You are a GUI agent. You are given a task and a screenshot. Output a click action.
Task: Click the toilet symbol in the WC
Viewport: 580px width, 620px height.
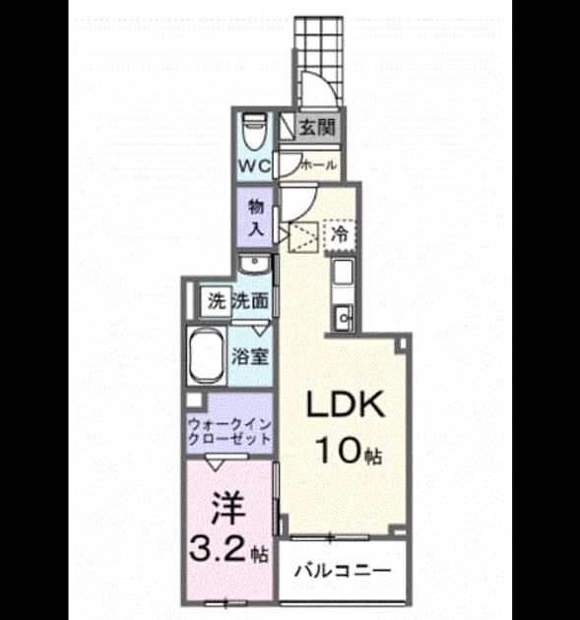click(x=253, y=131)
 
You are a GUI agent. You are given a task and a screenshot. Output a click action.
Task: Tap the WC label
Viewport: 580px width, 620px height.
click(x=254, y=165)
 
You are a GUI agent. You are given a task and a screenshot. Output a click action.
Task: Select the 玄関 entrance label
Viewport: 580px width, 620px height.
click(x=316, y=127)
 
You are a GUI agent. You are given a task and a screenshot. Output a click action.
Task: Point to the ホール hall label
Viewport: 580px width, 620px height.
click(x=319, y=165)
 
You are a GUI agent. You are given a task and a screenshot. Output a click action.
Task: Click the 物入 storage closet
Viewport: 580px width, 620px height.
click(x=255, y=217)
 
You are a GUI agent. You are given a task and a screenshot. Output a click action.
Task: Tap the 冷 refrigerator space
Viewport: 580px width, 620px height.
click(x=340, y=234)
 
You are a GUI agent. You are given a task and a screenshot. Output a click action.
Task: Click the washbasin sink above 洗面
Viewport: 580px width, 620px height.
click(x=255, y=264)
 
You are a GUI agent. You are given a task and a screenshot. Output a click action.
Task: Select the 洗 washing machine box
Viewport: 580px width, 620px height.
click(x=216, y=302)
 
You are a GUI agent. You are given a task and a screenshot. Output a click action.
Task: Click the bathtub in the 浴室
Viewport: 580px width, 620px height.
click(x=206, y=356)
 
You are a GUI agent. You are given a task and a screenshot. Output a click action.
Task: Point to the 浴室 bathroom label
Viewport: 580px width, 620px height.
click(x=250, y=356)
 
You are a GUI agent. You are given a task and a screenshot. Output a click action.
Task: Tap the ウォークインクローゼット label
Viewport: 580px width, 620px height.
click(x=230, y=432)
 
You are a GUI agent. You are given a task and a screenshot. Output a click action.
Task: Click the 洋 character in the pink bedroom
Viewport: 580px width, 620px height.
click(x=227, y=509)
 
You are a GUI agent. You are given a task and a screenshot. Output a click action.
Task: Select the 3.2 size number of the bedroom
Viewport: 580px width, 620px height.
click(x=219, y=549)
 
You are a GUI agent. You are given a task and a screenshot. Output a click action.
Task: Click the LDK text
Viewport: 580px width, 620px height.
click(x=346, y=404)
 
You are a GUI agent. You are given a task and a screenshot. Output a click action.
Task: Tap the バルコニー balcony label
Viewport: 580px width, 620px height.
click(x=343, y=571)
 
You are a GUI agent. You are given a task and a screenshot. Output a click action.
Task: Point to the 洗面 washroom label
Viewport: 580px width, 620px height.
click(x=250, y=302)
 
